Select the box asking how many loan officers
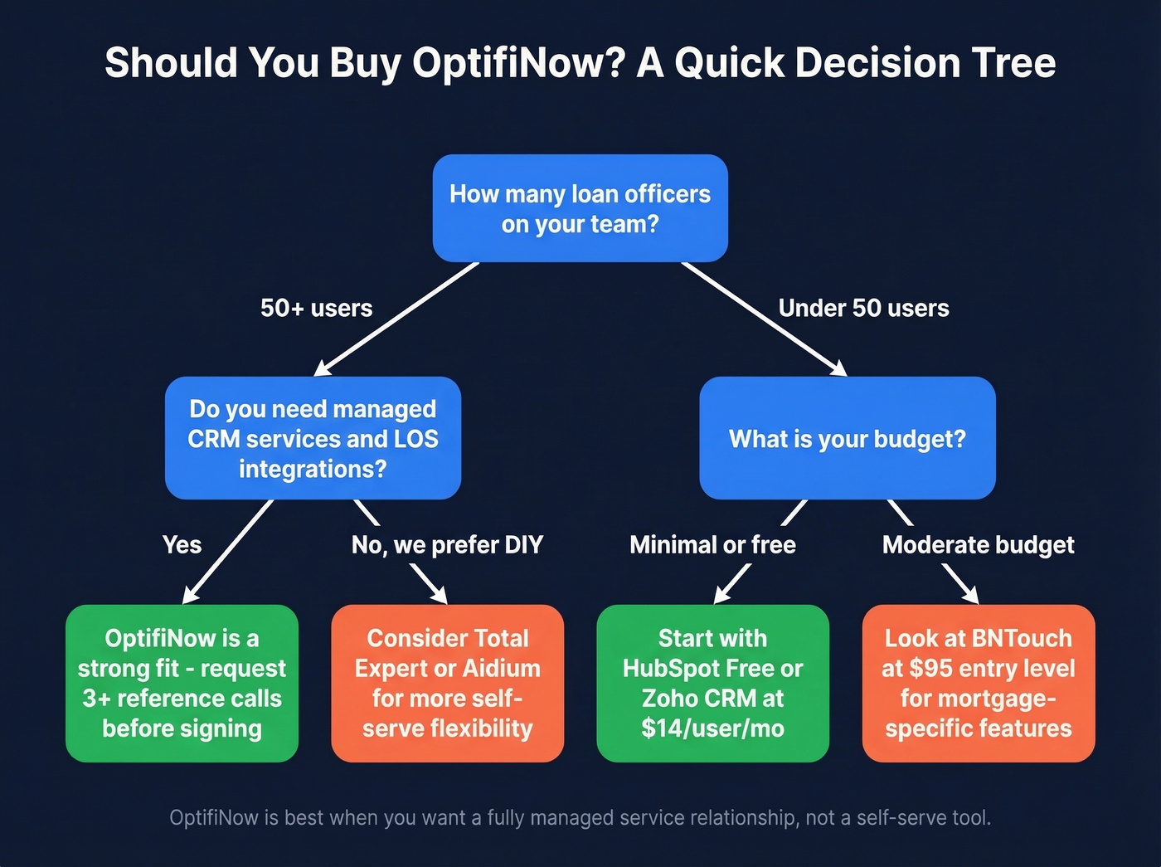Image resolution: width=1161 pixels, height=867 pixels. [580, 208]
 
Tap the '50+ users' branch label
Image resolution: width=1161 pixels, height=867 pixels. [316, 308]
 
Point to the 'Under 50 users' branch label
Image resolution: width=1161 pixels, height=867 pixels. [863, 308]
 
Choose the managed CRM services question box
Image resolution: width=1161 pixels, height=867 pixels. [313, 438]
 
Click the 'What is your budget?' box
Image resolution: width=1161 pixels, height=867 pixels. [847, 438]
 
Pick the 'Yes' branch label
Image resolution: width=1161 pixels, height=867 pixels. [182, 545]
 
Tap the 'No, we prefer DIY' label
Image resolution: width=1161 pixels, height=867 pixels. [447, 545]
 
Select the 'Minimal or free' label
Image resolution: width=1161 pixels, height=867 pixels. [712, 545]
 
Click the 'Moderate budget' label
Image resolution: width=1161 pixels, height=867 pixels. [978, 545]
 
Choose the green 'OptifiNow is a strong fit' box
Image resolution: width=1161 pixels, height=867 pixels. [182, 683]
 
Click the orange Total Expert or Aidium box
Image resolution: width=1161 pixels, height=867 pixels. [447, 683]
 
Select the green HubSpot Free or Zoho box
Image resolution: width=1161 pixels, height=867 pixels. [712, 683]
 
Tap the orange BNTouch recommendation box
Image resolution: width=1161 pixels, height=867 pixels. [978, 683]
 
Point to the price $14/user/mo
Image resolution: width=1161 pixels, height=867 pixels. [712, 728]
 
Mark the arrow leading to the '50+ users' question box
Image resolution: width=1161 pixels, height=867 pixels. [396, 319]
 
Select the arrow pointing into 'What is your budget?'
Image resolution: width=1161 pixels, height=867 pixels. [763, 319]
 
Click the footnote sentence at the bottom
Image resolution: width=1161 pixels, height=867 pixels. [580, 818]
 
